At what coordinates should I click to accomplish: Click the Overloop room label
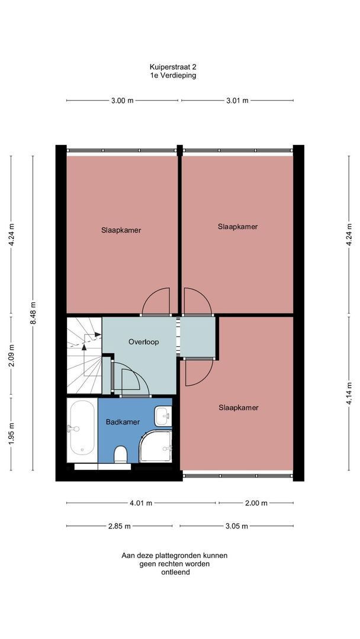click(143, 342)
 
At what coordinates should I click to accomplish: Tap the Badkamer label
click(123, 422)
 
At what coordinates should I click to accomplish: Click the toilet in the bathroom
click(121, 454)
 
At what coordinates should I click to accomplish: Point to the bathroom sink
click(163, 416)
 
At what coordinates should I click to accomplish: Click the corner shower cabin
click(156, 446)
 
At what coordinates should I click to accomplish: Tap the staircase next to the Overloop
click(85, 356)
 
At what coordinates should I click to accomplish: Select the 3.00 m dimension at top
click(123, 101)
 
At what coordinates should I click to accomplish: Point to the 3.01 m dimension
click(237, 101)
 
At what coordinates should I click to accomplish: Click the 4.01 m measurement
click(141, 503)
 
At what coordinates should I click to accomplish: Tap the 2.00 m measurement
click(256, 503)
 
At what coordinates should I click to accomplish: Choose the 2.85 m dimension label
click(120, 526)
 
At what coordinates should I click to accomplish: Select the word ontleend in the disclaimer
click(175, 572)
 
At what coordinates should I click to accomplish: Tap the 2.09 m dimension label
click(11, 356)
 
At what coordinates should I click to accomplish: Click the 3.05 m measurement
click(236, 526)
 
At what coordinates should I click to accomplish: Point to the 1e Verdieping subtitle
click(173, 75)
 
